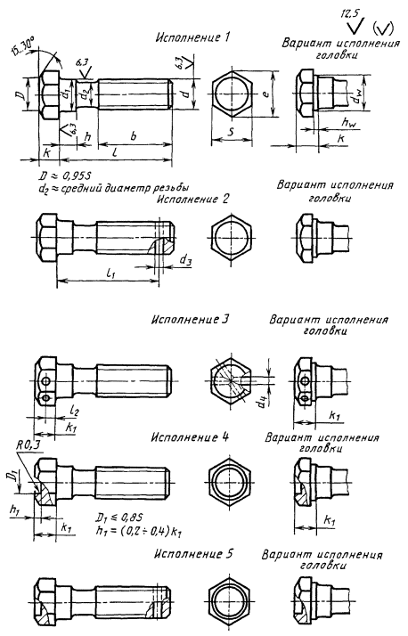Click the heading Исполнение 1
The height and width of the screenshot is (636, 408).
point(192,37)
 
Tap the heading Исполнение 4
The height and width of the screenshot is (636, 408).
point(191,437)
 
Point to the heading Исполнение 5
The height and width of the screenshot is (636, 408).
point(194,554)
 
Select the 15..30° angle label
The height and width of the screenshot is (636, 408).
point(22,45)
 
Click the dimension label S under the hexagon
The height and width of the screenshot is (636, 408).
point(230,131)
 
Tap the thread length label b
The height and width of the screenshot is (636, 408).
point(134,136)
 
